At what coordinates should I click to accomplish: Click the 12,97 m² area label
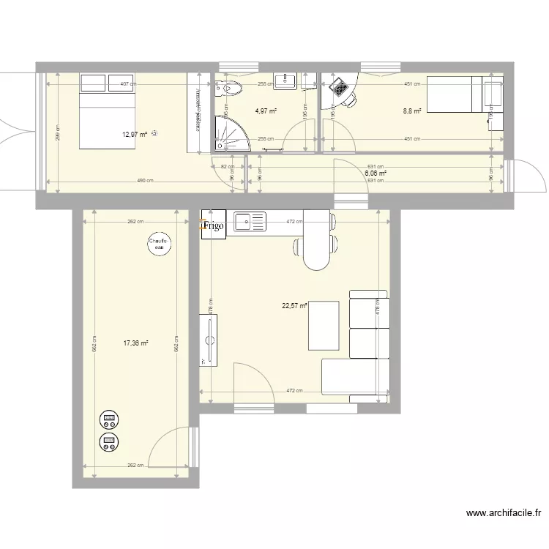pyautogui.click(x=135, y=134)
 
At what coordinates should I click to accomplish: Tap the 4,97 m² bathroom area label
pyautogui.click(x=266, y=111)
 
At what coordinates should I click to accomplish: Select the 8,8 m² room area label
pyautogui.click(x=412, y=111)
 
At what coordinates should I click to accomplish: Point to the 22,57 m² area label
pyautogui.click(x=294, y=307)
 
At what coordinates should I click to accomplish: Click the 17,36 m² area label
pyautogui.click(x=136, y=342)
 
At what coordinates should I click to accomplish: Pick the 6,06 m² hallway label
pyautogui.click(x=376, y=173)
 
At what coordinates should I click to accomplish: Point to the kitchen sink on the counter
pyautogui.click(x=251, y=222)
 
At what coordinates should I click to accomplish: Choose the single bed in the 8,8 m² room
pyautogui.click(x=455, y=95)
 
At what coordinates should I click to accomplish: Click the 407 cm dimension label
pyautogui.click(x=128, y=84)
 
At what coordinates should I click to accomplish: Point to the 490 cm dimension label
pyautogui.click(x=145, y=181)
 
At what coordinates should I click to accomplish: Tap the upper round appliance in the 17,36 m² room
pyautogui.click(x=110, y=419)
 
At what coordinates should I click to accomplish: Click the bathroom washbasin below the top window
pyautogui.click(x=284, y=81)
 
